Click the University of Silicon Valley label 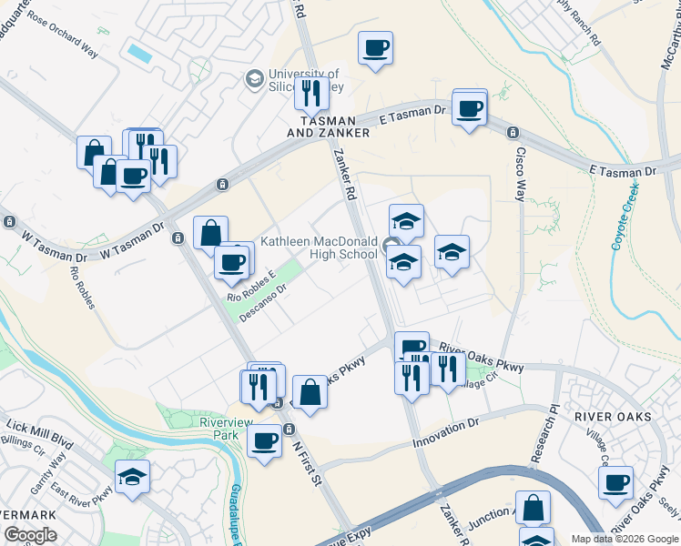[304, 81]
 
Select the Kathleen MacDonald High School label [319, 248]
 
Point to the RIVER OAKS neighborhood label [613, 417]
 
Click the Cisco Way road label [521, 165]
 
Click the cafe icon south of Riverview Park [265, 441]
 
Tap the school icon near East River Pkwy [133, 476]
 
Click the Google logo [31, 535]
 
